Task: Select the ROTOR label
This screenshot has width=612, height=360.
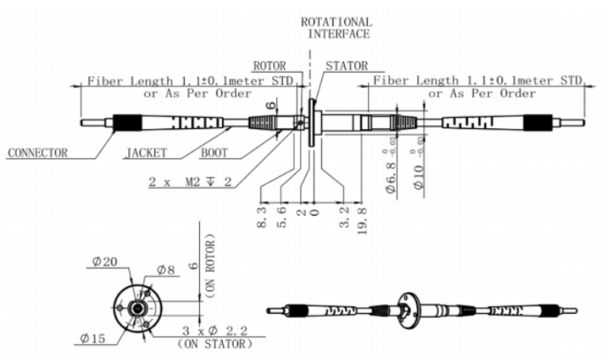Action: click(x=269, y=65)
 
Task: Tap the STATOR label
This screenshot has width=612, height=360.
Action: click(x=346, y=65)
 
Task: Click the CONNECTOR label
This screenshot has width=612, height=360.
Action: click(x=37, y=152)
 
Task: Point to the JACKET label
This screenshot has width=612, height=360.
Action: click(x=145, y=152)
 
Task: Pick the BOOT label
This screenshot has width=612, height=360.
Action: click(x=215, y=152)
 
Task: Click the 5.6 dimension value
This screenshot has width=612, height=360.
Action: click(x=279, y=218)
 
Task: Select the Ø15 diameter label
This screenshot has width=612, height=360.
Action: click(x=92, y=338)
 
